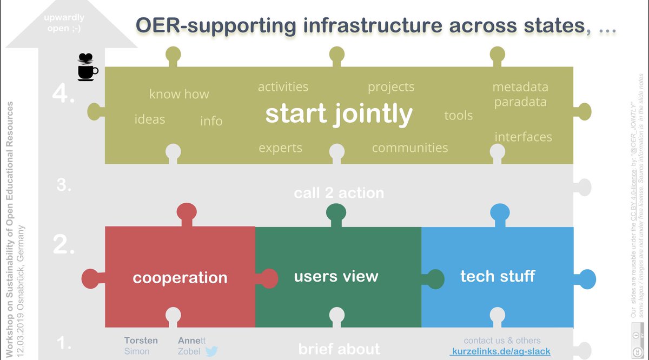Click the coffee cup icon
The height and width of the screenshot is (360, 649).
[87, 67]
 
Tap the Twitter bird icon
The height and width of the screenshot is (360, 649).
[210, 351]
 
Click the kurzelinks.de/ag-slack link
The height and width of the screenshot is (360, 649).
[501, 351]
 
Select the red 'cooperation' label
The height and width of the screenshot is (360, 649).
[180, 278]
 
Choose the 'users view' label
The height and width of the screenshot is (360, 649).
[336, 277]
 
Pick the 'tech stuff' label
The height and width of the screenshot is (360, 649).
[498, 276]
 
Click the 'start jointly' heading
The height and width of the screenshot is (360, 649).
[339, 114]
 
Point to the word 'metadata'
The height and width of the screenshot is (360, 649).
[520, 87]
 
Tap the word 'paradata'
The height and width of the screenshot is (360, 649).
[520, 102]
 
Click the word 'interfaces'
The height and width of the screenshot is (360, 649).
[523, 137]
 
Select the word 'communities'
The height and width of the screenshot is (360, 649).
[410, 148]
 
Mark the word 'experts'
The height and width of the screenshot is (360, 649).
[280, 148]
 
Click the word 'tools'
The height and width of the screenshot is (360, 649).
[458, 115]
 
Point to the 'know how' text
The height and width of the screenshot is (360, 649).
[179, 94]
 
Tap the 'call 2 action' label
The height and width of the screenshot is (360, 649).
[339, 193]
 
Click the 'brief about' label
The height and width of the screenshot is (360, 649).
[339, 349]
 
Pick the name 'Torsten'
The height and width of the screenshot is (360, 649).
[141, 341]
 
